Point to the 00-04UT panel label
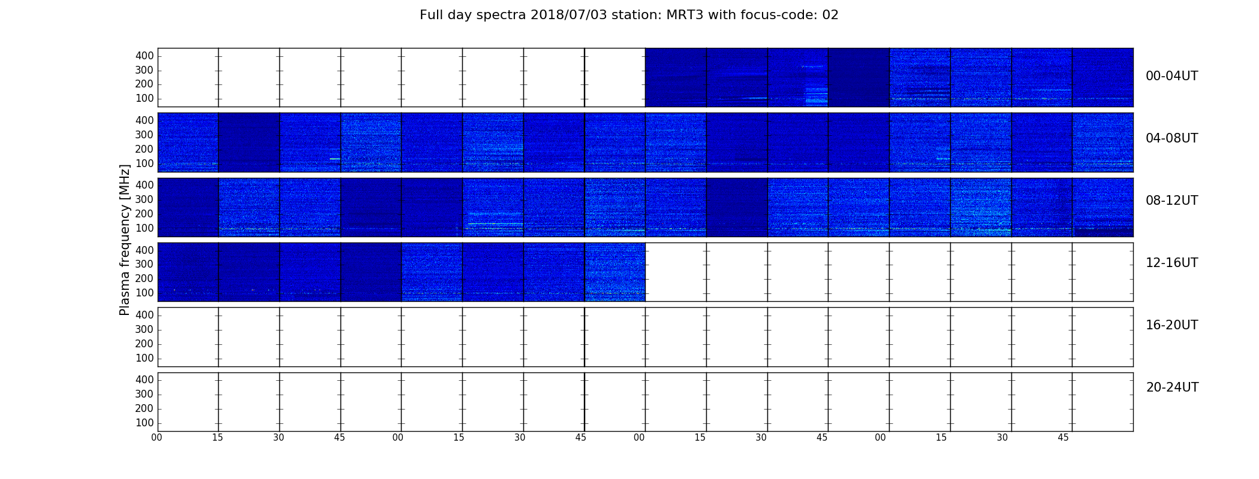tap(1172, 76)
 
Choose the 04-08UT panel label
tap(1172, 138)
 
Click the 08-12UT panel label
tap(1172, 201)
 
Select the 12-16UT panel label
tap(1172, 263)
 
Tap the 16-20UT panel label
tap(1172, 325)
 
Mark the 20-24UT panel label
tap(1172, 387)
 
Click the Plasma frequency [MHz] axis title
tap(125, 239)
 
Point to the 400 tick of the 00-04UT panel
tap(144, 56)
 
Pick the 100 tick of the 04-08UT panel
tap(144, 163)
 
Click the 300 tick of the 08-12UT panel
tap(144, 199)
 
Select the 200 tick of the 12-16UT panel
tap(144, 278)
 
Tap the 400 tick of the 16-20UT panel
tap(144, 315)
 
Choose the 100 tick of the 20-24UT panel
tap(144, 423)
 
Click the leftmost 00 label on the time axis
tap(156, 438)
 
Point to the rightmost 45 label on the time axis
tap(1063, 438)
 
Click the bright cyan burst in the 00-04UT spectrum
tap(816, 95)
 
